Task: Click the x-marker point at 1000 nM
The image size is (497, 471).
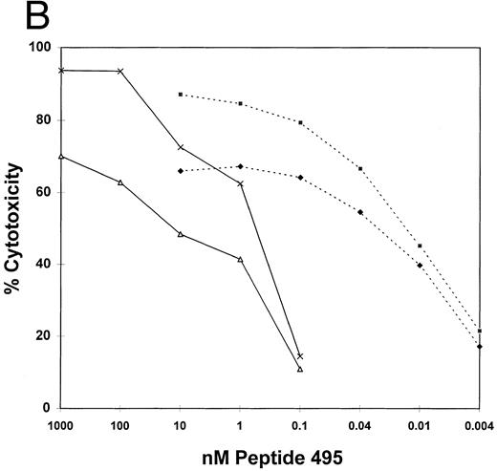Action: coord(61,70)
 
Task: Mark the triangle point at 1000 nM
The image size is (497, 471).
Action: coord(61,156)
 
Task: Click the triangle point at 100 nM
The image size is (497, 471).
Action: coord(120,182)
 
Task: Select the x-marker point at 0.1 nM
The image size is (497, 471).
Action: coord(300,356)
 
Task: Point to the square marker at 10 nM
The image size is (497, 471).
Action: coord(181,95)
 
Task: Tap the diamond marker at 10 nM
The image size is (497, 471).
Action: coord(181,171)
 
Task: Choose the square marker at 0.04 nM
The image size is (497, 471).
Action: coord(360,168)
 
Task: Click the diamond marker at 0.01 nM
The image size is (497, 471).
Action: coord(420,265)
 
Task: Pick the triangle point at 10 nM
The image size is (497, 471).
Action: coord(181,234)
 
